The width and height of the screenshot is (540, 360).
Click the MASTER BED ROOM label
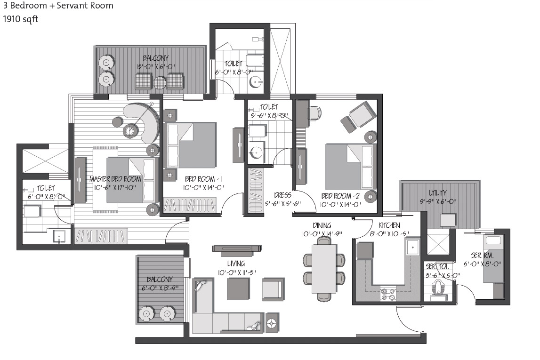(x=115, y=179)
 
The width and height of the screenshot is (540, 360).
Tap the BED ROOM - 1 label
(x=204, y=179)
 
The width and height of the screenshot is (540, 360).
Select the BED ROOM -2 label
(x=340, y=196)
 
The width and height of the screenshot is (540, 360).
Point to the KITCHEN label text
(x=389, y=225)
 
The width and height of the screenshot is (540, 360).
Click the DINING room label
(x=322, y=225)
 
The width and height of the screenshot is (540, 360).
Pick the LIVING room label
(x=236, y=264)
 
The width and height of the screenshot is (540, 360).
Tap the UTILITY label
(x=438, y=193)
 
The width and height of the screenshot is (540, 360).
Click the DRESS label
(x=283, y=195)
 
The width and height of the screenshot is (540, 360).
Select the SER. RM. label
(x=482, y=256)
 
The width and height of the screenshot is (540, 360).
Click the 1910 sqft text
(x=21, y=19)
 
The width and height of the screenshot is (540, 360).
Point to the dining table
(x=324, y=268)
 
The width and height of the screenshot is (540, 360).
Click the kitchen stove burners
(x=388, y=294)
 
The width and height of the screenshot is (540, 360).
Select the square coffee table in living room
(x=238, y=288)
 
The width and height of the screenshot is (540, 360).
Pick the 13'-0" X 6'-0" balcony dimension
(x=156, y=66)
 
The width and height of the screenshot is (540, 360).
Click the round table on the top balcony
(x=160, y=83)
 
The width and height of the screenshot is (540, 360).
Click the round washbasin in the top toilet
(x=256, y=82)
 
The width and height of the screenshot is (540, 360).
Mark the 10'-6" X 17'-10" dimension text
(x=115, y=188)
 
